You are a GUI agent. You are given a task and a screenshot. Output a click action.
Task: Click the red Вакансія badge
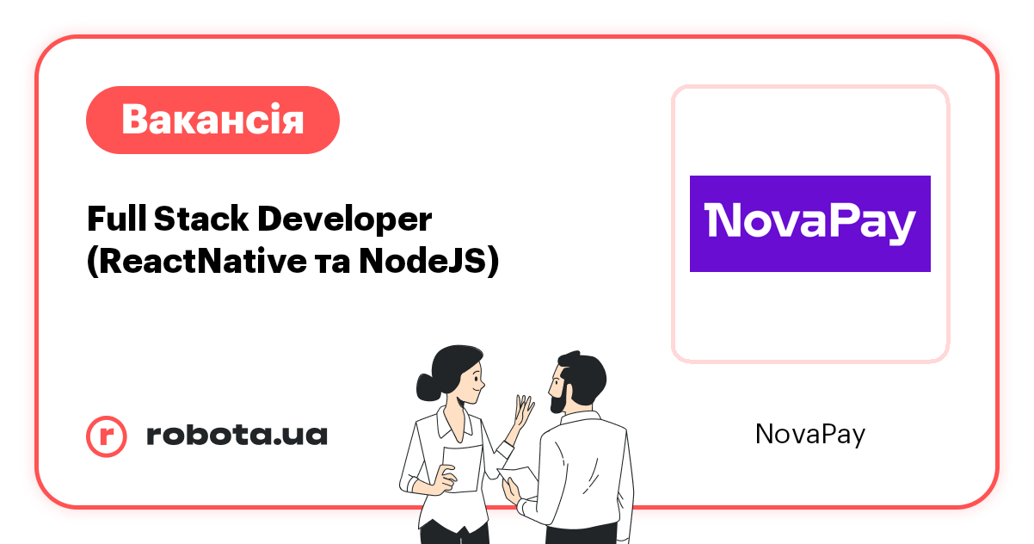212,120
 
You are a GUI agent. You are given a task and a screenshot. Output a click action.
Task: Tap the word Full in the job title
117,219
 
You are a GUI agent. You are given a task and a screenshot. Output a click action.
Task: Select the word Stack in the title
200,219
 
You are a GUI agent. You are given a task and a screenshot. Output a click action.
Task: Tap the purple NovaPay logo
809,224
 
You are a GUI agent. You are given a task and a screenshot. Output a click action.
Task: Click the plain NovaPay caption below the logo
809,435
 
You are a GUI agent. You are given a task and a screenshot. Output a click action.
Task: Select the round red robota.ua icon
107,436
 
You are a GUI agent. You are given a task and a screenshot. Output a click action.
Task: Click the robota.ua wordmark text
237,436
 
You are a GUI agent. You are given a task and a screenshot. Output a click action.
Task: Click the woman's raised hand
522,411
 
